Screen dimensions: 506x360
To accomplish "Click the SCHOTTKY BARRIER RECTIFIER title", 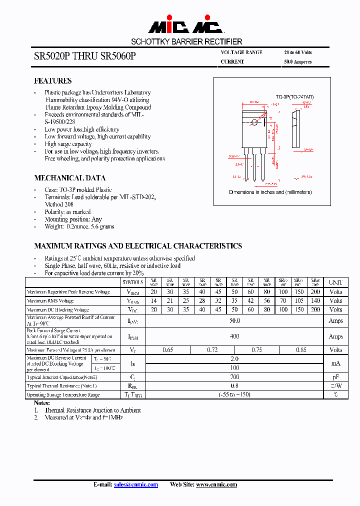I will point(186,42).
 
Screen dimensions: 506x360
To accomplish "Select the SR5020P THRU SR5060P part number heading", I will point(84,56).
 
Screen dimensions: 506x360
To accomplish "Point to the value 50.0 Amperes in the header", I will point(298,62).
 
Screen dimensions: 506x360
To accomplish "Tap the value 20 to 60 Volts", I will point(298,52).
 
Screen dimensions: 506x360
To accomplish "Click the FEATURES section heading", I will point(52,80).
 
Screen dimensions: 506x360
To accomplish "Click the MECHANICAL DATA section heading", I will point(69,178).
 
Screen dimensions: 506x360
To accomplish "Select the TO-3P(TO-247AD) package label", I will point(294,96).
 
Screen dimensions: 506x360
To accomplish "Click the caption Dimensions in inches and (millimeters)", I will point(270,192).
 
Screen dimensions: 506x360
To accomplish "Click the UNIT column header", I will point(335,282).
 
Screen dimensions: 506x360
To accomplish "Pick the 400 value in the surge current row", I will point(234,336).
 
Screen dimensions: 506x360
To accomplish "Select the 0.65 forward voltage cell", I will point(168,350).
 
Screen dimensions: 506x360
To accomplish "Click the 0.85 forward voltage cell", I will point(301,350).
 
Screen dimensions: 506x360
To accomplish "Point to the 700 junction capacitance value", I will point(234,377).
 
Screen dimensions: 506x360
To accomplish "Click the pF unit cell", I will point(335,377).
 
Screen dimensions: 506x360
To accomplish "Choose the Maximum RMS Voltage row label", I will point(50,301).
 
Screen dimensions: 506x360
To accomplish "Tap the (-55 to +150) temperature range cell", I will point(234,395).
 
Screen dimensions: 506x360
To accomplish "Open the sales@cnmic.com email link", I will point(135,484).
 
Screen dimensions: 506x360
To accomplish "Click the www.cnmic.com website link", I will point(216,484).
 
